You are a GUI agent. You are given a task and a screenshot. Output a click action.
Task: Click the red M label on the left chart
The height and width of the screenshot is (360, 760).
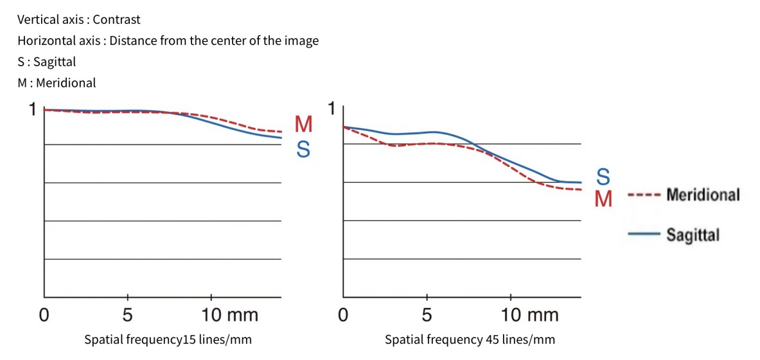303,125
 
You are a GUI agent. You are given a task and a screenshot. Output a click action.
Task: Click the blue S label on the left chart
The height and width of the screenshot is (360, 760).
303,150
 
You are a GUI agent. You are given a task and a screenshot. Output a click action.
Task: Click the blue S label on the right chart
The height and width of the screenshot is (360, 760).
603,176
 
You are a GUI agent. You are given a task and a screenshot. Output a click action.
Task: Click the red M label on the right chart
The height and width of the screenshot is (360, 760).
603,199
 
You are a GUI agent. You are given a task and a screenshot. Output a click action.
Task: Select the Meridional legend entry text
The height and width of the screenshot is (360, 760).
703,194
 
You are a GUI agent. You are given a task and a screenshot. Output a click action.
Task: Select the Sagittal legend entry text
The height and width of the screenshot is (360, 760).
693,235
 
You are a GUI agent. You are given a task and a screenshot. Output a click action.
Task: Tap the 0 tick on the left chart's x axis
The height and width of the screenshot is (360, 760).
43,315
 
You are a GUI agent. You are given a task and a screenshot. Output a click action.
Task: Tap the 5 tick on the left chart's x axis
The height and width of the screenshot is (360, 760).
128,315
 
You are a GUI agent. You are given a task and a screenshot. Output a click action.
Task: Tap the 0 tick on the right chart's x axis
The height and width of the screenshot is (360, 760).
344,315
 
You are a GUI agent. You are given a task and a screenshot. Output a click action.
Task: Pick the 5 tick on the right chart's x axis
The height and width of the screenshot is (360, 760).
427,315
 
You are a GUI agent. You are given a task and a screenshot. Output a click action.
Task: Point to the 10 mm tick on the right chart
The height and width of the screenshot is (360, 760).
530,315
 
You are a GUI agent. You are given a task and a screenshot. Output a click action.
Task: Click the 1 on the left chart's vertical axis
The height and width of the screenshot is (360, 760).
32,110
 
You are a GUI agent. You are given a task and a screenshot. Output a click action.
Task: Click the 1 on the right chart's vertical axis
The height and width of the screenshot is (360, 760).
332,109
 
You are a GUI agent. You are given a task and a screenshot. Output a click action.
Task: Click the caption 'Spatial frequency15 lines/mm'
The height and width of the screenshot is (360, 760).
168,339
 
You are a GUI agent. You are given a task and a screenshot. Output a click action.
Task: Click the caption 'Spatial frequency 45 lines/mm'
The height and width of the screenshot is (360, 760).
470,339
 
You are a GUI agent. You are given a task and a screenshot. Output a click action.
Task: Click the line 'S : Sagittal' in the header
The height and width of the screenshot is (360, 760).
47,62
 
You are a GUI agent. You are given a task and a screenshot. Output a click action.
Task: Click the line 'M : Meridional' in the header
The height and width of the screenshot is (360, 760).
57,82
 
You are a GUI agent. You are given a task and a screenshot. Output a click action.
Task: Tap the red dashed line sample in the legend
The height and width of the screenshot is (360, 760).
644,195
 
